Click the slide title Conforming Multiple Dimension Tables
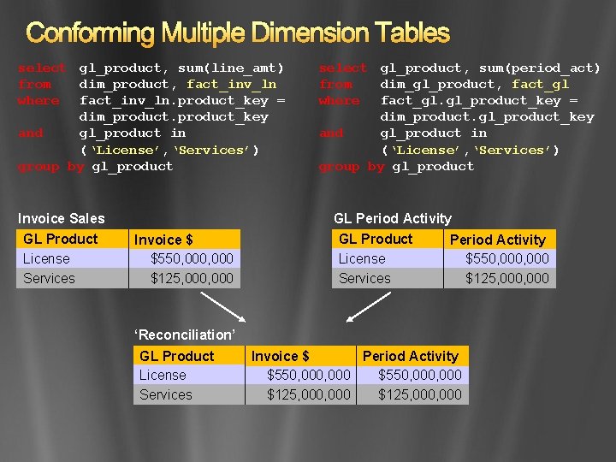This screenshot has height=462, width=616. (x=238, y=33)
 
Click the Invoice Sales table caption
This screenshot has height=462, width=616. (x=62, y=219)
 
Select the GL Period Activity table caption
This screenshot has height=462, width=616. (x=393, y=219)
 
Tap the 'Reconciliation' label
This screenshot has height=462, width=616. (x=185, y=335)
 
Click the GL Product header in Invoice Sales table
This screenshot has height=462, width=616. (x=61, y=239)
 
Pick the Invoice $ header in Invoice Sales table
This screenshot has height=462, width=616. (x=163, y=240)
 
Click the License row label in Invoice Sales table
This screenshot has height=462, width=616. (x=47, y=258)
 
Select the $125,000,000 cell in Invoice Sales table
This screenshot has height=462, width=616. (x=192, y=278)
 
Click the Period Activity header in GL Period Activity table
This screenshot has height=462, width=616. (x=497, y=240)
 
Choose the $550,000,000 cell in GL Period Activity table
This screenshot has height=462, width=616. (x=507, y=258)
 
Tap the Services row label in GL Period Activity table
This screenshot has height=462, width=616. (x=364, y=278)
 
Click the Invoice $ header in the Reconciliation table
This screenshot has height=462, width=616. (x=280, y=356)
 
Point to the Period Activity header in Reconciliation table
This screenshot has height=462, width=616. (x=411, y=356)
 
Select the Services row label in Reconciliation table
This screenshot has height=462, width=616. (x=166, y=394)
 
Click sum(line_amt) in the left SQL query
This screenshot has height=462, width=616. (x=231, y=68)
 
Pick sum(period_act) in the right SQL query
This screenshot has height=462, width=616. (x=540, y=68)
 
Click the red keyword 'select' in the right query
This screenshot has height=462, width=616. (x=342, y=68)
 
